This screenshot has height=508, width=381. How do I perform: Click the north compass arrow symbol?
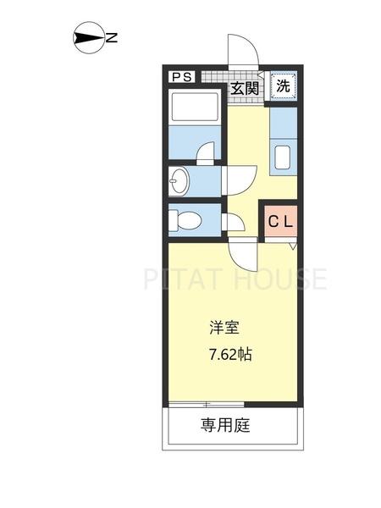(88, 37)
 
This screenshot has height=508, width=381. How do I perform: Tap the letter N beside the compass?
(111, 37)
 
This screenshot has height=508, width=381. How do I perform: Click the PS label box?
(182, 77)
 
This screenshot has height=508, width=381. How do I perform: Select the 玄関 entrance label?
(246, 86)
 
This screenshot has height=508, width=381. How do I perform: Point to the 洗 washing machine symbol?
(284, 86)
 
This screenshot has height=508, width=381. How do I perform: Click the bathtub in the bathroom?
(195, 111)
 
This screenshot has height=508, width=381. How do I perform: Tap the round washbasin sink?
(179, 179)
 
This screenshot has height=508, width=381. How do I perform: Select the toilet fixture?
(185, 221)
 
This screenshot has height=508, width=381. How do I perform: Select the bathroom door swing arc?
(206, 152)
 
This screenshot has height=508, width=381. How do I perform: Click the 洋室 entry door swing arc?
(245, 251)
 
